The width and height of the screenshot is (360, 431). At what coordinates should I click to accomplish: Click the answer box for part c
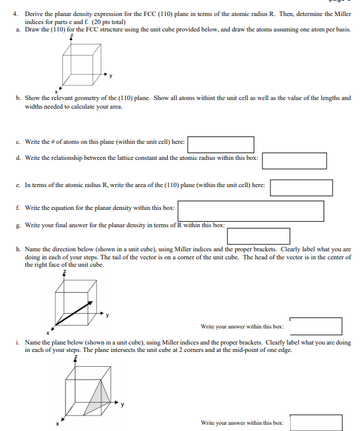click(220, 144)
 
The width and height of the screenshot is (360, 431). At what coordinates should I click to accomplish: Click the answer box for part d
click(295, 161)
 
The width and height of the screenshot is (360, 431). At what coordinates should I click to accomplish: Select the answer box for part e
click(301, 188)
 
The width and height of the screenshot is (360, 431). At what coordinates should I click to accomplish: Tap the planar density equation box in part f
click(251, 211)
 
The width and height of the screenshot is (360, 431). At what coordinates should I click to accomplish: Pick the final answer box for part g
click(258, 236)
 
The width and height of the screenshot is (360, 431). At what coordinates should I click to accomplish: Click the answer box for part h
click(316, 326)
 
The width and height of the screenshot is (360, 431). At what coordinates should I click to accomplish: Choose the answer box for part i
click(316, 423)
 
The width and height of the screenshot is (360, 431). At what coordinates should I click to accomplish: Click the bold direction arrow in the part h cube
click(73, 313)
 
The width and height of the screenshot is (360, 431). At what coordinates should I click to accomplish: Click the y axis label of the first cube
click(111, 75)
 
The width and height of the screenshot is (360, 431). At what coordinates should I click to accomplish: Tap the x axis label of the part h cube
click(48, 333)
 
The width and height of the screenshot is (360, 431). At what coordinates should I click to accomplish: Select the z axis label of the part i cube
click(76, 358)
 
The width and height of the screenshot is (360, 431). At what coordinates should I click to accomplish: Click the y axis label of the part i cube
click(122, 404)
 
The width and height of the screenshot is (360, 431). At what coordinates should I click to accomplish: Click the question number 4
click(15, 14)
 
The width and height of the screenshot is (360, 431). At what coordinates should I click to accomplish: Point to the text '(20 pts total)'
click(109, 22)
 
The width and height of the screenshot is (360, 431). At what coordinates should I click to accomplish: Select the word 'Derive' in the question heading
click(34, 14)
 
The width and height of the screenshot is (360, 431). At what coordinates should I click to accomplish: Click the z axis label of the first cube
click(72, 36)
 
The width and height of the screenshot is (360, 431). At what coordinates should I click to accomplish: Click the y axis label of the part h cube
click(107, 315)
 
